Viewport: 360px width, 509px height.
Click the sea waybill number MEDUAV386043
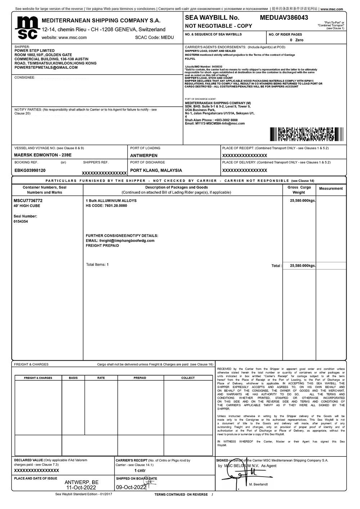(284, 18)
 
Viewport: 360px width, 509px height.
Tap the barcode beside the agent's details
(306, 134)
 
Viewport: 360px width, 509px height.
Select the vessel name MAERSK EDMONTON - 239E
(43, 155)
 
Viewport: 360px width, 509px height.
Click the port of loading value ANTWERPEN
(144, 156)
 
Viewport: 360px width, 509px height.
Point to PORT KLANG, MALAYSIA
(156, 170)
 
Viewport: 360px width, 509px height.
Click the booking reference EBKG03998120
(30, 170)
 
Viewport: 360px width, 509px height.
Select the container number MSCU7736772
(28, 200)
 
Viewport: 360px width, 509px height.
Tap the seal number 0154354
(21, 222)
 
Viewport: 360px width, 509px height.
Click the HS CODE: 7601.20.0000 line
(106, 206)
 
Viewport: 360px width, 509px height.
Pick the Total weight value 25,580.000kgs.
(303, 265)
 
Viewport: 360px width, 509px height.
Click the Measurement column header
(331, 188)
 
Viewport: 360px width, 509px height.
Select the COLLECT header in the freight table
(188, 378)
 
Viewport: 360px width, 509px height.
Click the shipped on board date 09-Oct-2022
(131, 487)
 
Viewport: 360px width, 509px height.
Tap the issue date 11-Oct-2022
(81, 487)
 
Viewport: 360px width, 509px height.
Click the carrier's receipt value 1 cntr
(140, 470)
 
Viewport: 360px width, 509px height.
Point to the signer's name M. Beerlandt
(258, 485)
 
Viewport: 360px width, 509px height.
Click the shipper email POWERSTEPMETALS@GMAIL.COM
(46, 67)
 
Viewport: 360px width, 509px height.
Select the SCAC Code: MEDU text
(154, 37)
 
